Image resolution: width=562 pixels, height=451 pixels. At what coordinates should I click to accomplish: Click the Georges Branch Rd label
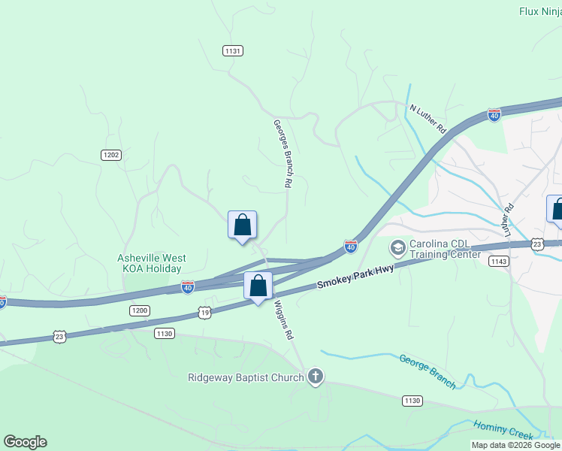283,153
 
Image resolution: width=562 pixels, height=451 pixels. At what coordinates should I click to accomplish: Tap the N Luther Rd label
428,120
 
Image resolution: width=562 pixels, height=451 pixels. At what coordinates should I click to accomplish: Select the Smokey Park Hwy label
355,275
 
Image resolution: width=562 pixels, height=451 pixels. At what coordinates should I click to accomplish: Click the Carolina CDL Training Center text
444,249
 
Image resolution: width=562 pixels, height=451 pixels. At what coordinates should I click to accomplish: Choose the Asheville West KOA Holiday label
151,263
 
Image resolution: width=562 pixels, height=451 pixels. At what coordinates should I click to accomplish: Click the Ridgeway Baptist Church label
245,377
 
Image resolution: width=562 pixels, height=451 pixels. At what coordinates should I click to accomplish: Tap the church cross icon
316,377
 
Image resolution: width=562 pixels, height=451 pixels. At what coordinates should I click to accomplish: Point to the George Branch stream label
427,371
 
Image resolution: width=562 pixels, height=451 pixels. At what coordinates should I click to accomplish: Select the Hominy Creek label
504,429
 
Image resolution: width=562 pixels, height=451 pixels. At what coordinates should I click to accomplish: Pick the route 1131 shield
233,50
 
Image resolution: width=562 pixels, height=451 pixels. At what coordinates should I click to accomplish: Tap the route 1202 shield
111,155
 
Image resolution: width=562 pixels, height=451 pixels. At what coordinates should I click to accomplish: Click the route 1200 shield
140,310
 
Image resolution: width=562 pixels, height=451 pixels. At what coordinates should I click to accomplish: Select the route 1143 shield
497,261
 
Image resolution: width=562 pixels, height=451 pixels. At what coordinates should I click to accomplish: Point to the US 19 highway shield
205,312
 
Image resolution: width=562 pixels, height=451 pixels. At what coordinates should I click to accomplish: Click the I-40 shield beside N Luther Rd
494,115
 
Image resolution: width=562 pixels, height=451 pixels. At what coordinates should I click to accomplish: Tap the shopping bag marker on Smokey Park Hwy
258,286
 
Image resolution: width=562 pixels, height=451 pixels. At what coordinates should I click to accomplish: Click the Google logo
25,442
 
